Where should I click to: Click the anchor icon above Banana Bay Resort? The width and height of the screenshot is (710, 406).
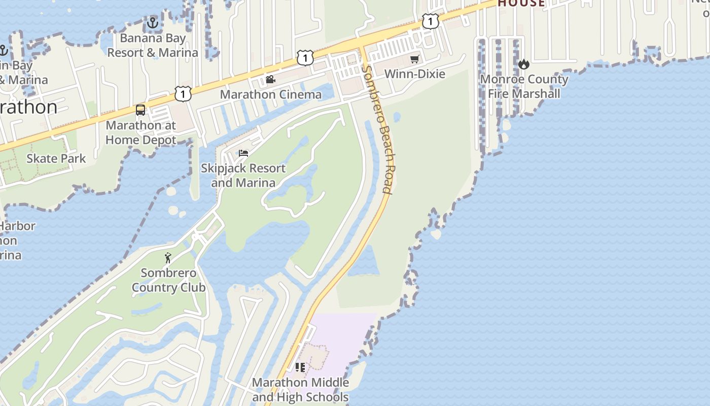[x=152, y=23]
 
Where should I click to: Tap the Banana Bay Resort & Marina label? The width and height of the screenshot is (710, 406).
[x=153, y=45]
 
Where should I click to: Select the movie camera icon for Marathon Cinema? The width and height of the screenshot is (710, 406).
[x=270, y=79]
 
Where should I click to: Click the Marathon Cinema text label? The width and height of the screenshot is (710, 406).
[x=270, y=94]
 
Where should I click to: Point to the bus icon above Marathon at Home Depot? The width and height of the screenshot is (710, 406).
[x=140, y=110]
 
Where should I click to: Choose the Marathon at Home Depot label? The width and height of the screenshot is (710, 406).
[x=141, y=132]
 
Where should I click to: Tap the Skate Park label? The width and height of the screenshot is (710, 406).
[x=56, y=158]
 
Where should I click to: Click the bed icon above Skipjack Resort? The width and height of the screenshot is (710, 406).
[x=243, y=153]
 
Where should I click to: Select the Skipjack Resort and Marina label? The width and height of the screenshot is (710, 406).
[x=243, y=175]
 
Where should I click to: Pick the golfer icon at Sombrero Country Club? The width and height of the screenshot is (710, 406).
[x=168, y=258]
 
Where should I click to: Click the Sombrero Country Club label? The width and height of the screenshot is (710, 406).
[x=168, y=280]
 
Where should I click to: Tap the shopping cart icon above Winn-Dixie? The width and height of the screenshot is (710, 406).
[x=415, y=59]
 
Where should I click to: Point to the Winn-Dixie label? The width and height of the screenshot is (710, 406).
[x=415, y=74]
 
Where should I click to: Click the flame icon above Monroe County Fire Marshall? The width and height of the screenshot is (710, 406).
[x=524, y=64]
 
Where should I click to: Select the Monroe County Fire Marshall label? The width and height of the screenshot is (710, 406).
[x=524, y=86]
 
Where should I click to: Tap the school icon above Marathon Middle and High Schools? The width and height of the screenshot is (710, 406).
[x=300, y=367]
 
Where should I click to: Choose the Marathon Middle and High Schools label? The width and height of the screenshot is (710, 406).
[x=300, y=389]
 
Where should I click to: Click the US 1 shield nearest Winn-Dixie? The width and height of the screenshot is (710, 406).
[x=430, y=21]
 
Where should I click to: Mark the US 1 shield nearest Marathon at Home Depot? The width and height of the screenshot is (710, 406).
[x=183, y=93]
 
